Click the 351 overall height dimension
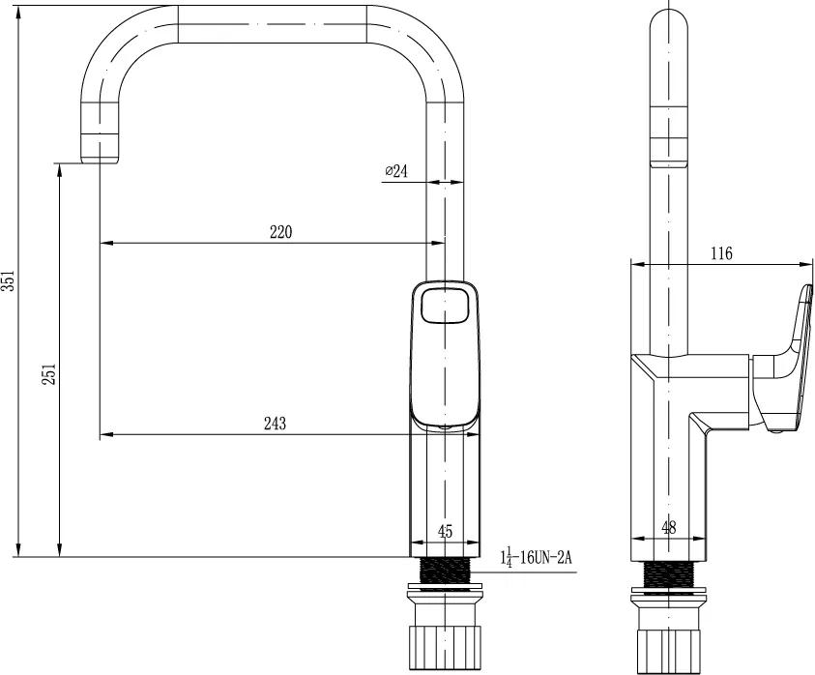pyautogui.click(x=10, y=280)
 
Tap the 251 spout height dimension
pyautogui.click(x=49, y=374)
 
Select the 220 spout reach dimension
pyautogui.click(x=280, y=232)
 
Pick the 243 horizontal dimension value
pyautogui.click(x=275, y=424)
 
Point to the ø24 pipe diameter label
pyautogui.click(x=396, y=170)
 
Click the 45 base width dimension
pyautogui.click(x=446, y=532)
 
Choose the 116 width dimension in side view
pyautogui.click(x=721, y=253)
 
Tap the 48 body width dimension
pyautogui.click(x=669, y=528)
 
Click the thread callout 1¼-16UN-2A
pyautogui.click(x=536, y=558)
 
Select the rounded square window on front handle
pyautogui.click(x=445, y=306)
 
